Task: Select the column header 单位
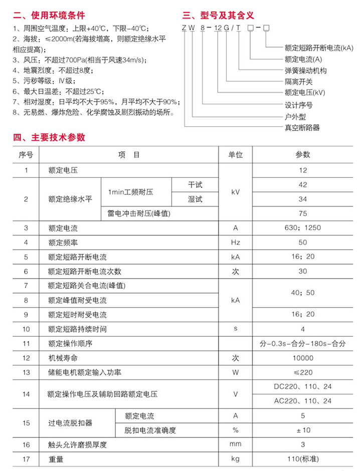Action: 236,155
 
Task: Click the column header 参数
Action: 302,155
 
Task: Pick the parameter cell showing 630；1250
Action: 302,228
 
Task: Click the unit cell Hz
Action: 236,243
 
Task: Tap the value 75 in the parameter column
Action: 302,213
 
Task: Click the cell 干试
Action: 195,184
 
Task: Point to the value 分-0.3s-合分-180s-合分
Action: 302,344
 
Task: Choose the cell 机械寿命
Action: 60,358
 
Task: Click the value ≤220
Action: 302,373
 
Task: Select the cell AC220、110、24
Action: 302,401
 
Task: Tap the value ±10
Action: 302,430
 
